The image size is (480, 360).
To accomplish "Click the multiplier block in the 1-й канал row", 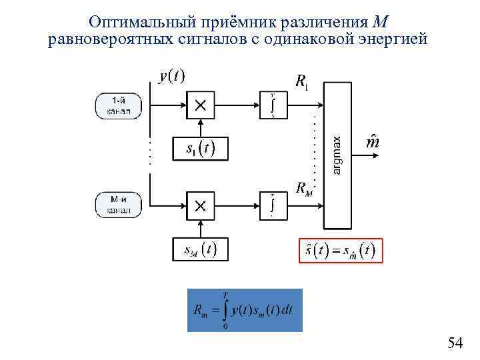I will [x=200, y=105].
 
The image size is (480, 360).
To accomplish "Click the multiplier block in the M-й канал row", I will [x=200, y=205].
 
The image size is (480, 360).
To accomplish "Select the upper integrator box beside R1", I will [x=272, y=105].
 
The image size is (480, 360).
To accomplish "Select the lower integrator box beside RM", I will [x=272, y=205].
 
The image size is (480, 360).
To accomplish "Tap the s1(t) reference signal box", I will [x=199, y=149].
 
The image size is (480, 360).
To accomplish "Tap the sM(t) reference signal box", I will [x=199, y=250].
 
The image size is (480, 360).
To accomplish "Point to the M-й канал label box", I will [x=119, y=205].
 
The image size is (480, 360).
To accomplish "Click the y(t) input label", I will [x=172, y=77].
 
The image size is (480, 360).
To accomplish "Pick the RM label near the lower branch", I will [x=303, y=188].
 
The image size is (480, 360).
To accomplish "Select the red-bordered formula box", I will [x=341, y=251].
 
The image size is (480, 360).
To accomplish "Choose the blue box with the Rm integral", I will [x=245, y=310].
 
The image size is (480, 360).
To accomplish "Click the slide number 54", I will [x=455, y=343].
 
